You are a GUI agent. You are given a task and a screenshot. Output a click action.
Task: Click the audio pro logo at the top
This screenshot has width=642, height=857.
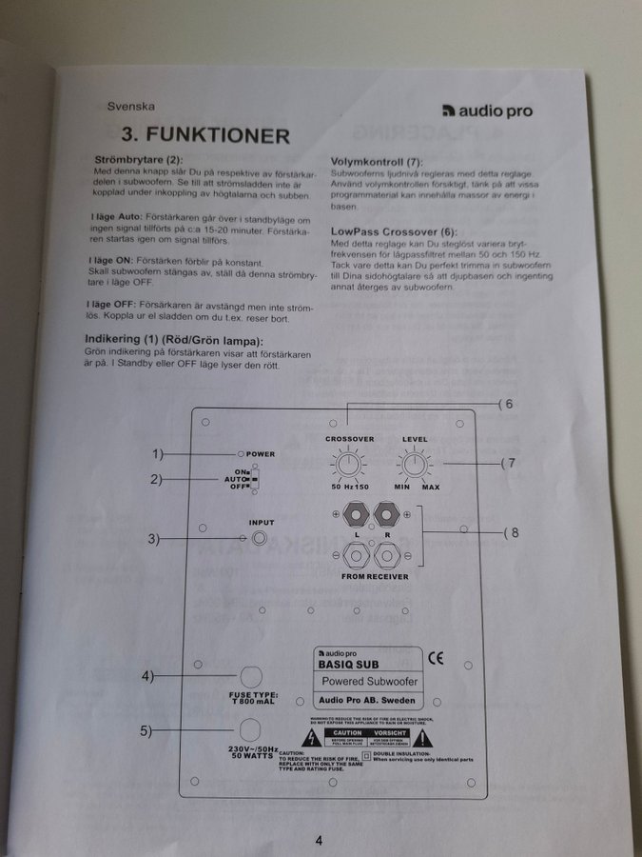tap(488, 111)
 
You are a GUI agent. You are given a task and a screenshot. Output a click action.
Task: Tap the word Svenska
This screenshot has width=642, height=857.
tap(130, 107)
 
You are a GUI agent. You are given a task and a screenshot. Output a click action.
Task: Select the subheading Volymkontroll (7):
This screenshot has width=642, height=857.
tap(376, 163)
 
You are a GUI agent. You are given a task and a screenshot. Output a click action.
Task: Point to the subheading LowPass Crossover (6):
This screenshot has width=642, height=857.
tap(393, 230)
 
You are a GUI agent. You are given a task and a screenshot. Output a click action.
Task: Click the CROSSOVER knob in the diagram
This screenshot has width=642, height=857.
tap(349, 465)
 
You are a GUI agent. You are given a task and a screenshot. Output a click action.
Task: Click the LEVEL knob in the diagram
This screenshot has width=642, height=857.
tap(413, 465)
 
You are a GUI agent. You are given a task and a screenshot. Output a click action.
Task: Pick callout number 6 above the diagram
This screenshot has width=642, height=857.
tap(509, 404)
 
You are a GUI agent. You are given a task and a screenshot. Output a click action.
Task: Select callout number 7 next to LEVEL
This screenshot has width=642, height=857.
tap(511, 463)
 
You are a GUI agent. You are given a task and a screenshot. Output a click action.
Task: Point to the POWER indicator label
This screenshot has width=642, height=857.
tap(260, 454)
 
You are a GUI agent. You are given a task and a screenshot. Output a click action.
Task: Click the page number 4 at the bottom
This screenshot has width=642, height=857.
tap(320, 839)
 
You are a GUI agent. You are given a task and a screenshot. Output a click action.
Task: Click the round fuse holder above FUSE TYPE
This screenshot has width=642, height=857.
tap(250, 677)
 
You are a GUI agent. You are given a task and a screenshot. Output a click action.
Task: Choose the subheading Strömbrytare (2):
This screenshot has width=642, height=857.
tap(137, 158)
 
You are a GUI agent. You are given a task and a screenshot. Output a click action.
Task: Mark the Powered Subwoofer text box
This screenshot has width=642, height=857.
tap(369, 683)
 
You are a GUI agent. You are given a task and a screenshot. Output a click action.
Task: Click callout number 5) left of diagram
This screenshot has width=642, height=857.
tap(146, 730)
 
